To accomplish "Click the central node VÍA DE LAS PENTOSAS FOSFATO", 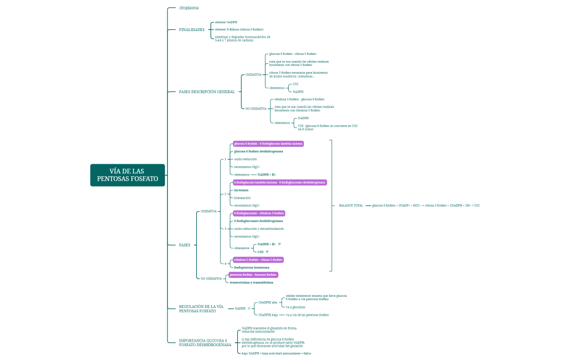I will point(127,175).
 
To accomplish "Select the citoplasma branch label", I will point(188,8).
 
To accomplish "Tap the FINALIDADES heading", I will point(192,29).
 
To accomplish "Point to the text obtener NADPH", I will point(226,22).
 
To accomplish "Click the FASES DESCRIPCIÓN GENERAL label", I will point(207,91).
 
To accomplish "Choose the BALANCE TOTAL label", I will point(351,205).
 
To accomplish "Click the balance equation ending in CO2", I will point(426,205).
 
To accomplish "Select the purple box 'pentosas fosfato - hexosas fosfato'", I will point(253,275).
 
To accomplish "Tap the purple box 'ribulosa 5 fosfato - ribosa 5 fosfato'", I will point(258,259).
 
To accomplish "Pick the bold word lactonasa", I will point(241,190).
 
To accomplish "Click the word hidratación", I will point(242,198).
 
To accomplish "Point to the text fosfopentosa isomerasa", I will point(252,267).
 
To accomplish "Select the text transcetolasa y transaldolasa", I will point(251,282).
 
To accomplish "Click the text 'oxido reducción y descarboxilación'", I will point(259,228).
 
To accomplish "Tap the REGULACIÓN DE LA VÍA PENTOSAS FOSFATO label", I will point(201,308).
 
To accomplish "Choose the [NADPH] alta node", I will point(268,302).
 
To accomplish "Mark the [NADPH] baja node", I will point(268,315).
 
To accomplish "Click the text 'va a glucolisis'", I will point(295,307).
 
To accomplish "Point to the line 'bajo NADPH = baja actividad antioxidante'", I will point(276,353).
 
